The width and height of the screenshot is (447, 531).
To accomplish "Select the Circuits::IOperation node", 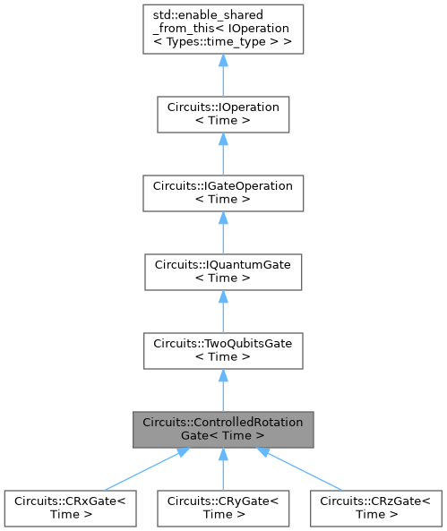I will tap(222, 113).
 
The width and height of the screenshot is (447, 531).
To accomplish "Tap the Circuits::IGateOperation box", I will tap(222, 189).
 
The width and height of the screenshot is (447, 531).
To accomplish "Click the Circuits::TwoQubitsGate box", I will tap(222, 348).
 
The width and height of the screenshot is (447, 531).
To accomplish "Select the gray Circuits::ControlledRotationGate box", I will tap(222, 428).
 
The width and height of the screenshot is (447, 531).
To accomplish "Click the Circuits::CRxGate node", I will tap(71, 508).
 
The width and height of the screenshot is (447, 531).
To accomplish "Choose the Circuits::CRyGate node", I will tap(222, 508).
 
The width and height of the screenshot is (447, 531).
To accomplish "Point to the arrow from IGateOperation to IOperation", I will tap(222, 151).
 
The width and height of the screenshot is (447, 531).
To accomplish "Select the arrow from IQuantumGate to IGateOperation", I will tap(222, 227).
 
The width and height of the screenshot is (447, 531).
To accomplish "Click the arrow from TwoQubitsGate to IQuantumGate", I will tap(222, 307).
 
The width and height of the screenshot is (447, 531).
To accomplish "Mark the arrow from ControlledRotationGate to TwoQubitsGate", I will tap(222, 387).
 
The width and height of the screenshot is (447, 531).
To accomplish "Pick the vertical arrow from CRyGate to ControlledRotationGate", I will tap(222, 468).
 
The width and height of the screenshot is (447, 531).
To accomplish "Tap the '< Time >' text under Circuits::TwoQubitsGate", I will tap(222, 356).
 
